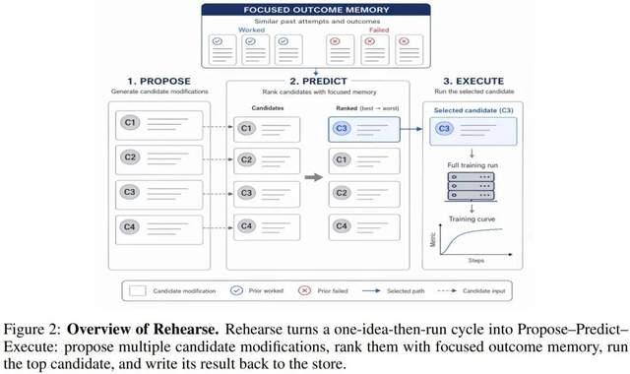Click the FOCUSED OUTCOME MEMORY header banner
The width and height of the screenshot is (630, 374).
coord(316,10)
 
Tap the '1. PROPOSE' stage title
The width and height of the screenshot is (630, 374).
coord(159,81)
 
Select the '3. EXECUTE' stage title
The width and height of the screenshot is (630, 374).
coord(473,81)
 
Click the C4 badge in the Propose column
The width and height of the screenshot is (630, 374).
coord(129,227)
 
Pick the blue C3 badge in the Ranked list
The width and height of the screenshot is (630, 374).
coord(342,129)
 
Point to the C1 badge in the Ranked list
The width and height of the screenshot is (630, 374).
coord(342,159)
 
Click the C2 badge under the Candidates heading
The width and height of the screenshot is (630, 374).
coord(246,159)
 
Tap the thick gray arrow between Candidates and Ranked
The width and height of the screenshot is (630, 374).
coord(314,177)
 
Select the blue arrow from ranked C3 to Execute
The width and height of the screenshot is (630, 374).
coord(411,129)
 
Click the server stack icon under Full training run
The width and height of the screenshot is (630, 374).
coord(471,187)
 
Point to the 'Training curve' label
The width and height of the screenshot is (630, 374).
coord(472,218)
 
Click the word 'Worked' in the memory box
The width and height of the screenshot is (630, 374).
coord(252,30)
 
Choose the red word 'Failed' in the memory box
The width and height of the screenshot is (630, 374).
coord(379,30)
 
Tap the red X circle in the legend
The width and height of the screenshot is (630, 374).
coord(304,290)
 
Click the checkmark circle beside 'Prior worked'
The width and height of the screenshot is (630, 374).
coord(236,290)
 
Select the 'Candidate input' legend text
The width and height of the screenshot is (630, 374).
coord(483,291)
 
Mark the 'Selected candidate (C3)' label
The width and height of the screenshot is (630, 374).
coord(473,110)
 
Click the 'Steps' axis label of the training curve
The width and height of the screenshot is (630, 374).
coord(476,260)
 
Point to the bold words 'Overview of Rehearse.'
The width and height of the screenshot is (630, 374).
coord(143,329)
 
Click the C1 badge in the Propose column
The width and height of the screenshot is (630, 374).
coord(129,122)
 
